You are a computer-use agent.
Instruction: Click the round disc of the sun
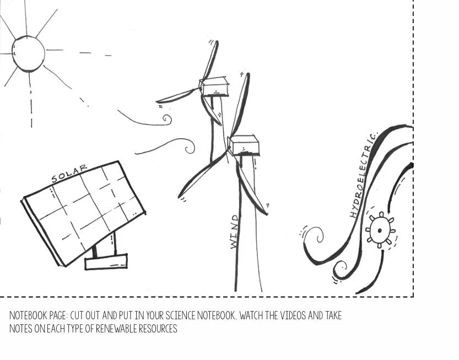[x=29, y=53]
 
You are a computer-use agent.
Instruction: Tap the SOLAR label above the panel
[x=69, y=173]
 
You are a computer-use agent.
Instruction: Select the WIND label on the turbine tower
[x=235, y=232]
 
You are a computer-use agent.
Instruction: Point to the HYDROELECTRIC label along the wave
[x=364, y=175]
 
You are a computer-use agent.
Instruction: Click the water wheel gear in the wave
[x=380, y=228]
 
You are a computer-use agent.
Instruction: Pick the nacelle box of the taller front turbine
[x=244, y=145]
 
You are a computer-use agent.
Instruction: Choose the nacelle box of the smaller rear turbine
[x=214, y=86]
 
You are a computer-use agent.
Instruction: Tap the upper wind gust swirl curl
[x=166, y=118]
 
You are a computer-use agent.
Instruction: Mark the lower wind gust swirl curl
[x=189, y=148]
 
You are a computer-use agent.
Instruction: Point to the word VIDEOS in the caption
[x=288, y=316]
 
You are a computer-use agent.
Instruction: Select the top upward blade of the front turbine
[x=241, y=105]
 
